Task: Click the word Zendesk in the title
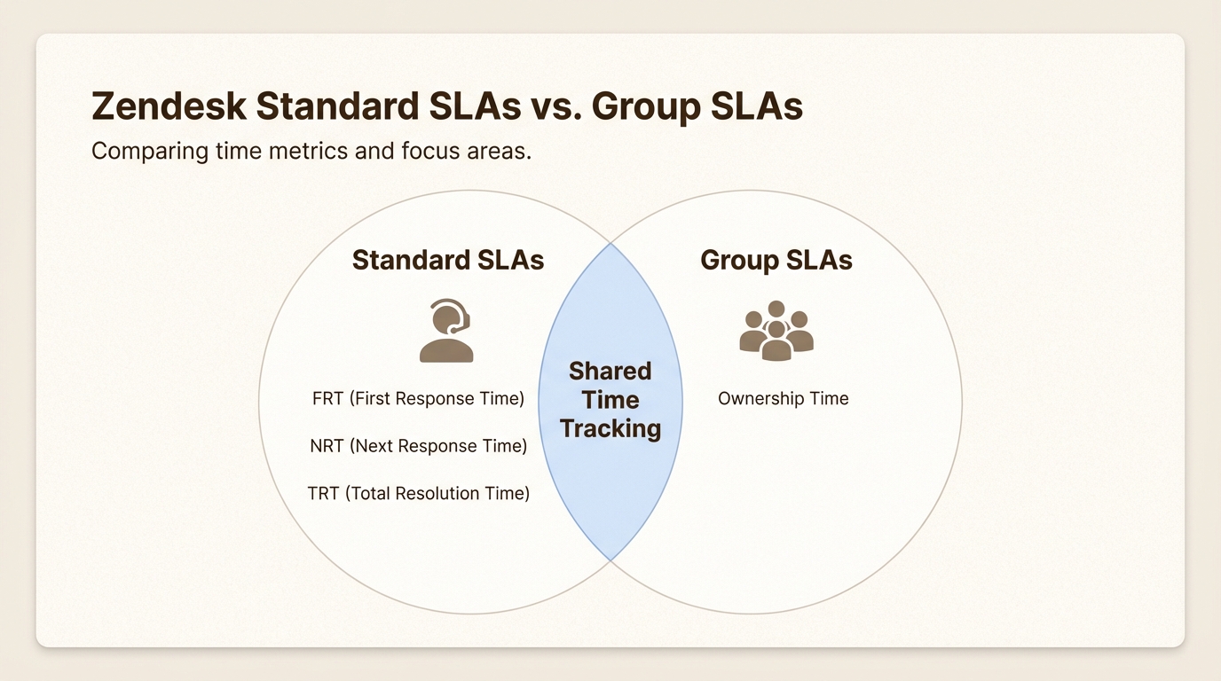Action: pos(168,106)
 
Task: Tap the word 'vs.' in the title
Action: pos(555,106)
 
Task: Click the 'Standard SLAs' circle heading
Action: pos(448,260)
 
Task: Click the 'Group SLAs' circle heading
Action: pos(776,260)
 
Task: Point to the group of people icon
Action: pos(776,331)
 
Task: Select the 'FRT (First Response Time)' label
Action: pos(418,399)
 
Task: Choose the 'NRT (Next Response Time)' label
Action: pos(418,446)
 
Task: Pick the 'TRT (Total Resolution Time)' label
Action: pos(418,493)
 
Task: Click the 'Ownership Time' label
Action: pos(783,399)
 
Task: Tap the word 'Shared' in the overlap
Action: pos(610,371)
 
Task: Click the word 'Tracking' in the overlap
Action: pos(610,428)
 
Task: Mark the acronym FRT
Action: pos(327,399)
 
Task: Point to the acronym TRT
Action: pos(323,493)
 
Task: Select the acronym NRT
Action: pos(327,446)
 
